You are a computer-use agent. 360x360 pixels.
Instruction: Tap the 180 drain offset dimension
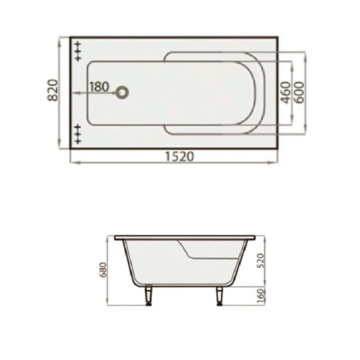click(99, 86)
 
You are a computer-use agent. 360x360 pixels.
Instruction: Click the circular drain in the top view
click(122, 93)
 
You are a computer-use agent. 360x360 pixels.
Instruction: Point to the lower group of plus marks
click(78, 134)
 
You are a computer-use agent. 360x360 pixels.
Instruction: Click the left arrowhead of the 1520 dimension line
click(72, 163)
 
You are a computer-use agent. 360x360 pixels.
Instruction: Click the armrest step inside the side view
click(187, 250)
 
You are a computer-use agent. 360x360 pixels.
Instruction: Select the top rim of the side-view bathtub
click(184, 236)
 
